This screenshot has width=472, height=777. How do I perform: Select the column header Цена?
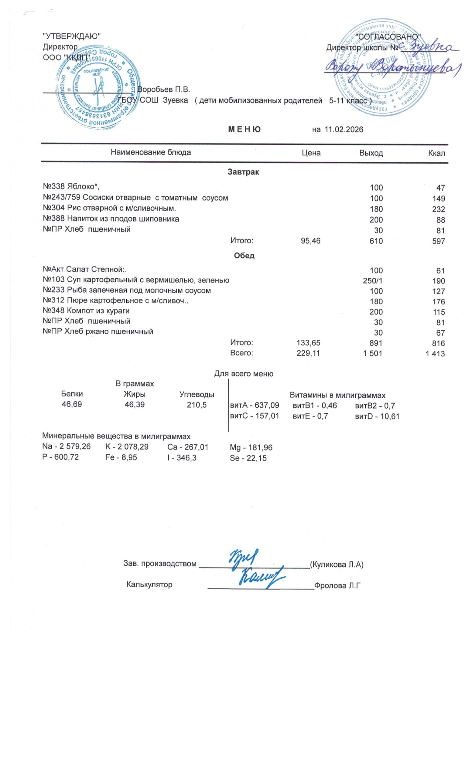tap(311, 153)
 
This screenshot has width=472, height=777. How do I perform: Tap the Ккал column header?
tap(437, 153)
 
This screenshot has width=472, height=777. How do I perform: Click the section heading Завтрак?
tap(243, 172)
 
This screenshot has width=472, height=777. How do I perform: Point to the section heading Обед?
tap(244, 256)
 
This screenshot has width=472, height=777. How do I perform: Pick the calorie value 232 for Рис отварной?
tap(439, 209)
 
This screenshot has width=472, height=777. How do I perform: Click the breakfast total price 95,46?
tap(311, 241)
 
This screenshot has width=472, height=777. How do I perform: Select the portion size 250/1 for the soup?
tap(373, 281)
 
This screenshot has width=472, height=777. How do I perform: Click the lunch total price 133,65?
tap(309, 343)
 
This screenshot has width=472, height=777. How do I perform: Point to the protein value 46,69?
tap(72, 404)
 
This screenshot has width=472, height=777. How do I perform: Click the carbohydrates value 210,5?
tap(197, 405)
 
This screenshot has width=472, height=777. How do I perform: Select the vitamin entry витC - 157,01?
tap(255, 416)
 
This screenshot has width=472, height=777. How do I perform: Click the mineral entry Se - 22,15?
tap(248, 458)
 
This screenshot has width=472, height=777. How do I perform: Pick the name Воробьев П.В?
tap(164, 90)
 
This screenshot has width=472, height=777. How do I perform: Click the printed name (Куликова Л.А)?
tap(337, 564)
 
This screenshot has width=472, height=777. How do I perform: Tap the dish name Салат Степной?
tap(86, 270)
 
